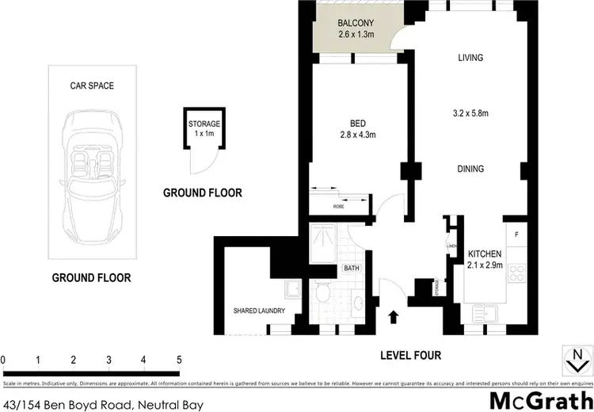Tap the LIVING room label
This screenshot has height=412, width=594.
coord(470,57)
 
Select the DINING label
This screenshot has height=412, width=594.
coord(470,169)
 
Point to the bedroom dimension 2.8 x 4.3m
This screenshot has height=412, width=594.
coord(356,135)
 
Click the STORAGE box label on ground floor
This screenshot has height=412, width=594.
coord(204,124)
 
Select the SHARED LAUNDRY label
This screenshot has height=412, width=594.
coord(258,311)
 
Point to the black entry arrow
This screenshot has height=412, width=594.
coord(393,318)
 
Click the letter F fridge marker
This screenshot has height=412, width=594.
coord(516,235)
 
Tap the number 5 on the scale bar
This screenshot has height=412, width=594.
coord(179,359)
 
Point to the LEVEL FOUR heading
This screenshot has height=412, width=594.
coord(409,356)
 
